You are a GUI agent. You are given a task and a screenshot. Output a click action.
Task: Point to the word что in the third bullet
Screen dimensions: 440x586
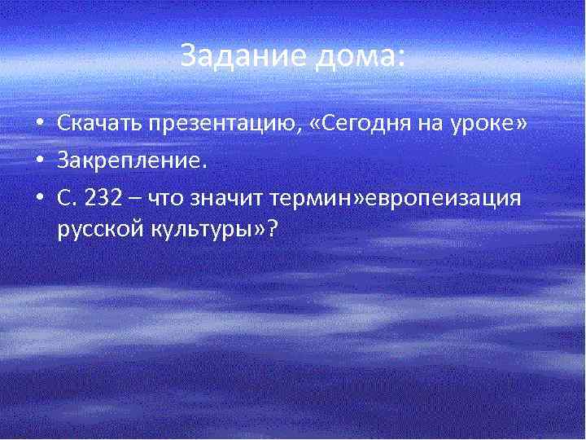177,196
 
